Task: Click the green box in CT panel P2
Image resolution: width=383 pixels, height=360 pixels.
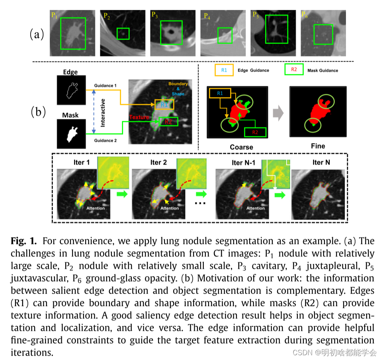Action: coord(123,34)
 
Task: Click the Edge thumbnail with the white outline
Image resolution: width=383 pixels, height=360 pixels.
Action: coord(70,91)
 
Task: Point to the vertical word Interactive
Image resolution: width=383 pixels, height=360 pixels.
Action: coord(102,113)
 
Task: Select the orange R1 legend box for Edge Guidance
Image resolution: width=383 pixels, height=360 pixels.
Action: coord(224,70)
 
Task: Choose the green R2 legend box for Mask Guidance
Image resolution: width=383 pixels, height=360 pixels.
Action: coord(294,70)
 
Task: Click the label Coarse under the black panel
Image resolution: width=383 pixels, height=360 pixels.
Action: coord(241,147)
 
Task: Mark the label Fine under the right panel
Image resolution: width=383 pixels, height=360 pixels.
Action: coord(318,146)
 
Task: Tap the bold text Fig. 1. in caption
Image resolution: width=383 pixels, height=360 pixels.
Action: coord(24,241)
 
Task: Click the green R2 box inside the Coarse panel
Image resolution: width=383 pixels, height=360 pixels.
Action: coord(254,132)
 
